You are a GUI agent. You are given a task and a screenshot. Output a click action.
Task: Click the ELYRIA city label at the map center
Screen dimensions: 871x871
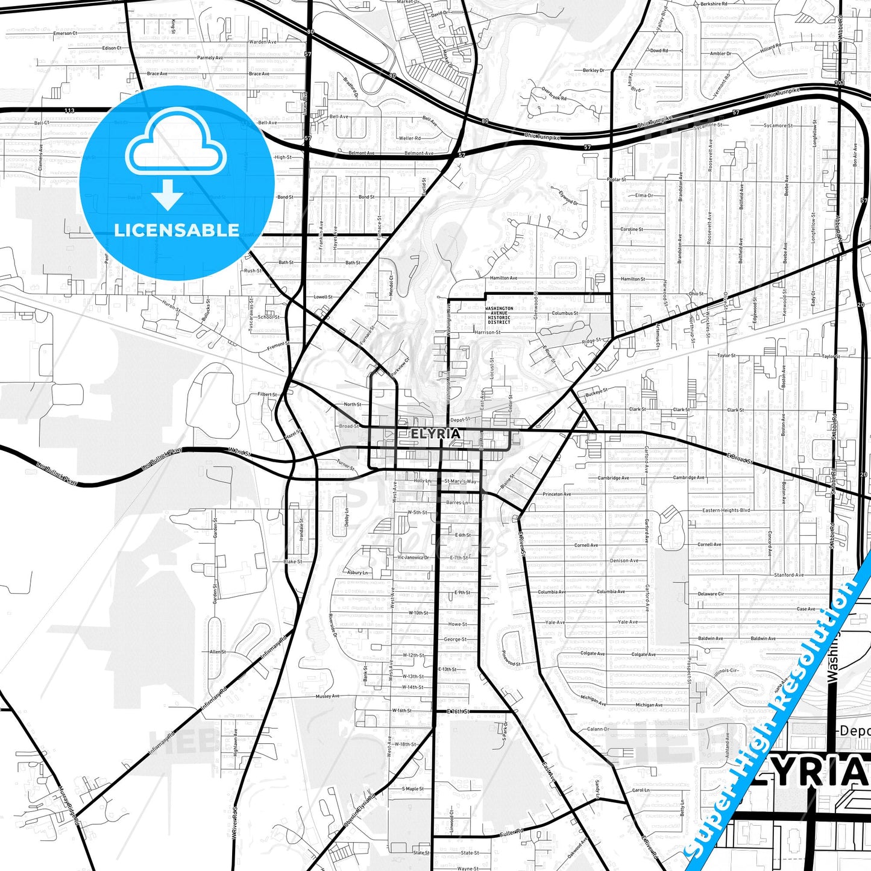436,433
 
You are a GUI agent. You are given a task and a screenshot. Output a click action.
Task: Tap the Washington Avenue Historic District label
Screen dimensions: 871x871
500,315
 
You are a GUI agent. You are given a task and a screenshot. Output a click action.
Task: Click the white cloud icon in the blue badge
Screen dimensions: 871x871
176,148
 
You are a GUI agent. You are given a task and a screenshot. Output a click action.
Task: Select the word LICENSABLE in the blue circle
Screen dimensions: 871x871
177,230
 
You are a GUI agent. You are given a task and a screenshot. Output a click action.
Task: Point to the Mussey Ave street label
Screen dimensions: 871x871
327,696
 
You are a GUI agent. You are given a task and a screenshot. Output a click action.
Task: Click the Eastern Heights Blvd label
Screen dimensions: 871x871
726,511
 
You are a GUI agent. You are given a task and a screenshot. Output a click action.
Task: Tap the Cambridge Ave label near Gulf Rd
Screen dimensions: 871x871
613,478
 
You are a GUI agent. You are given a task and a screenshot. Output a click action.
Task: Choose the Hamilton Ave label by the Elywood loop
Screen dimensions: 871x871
503,278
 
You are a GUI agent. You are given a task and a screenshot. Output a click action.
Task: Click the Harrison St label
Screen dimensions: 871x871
487,332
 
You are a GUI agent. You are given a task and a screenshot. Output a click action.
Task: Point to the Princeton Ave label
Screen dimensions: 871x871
556,494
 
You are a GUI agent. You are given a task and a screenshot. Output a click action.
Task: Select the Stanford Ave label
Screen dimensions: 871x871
788,575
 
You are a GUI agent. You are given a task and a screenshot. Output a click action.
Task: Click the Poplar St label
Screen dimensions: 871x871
617,180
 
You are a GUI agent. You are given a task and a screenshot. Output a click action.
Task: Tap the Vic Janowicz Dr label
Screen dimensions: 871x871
413,558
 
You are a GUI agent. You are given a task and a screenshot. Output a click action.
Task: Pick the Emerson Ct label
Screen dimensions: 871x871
65,33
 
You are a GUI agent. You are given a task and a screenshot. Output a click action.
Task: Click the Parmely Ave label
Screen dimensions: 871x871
210,58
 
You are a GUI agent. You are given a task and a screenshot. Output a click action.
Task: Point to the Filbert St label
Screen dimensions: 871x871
267,394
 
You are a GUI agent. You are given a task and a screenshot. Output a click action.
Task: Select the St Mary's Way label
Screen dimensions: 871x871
460,482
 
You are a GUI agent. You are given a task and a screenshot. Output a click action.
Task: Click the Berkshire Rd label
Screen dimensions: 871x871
714,4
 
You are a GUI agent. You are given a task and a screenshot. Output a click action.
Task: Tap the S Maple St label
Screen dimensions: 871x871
413,788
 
